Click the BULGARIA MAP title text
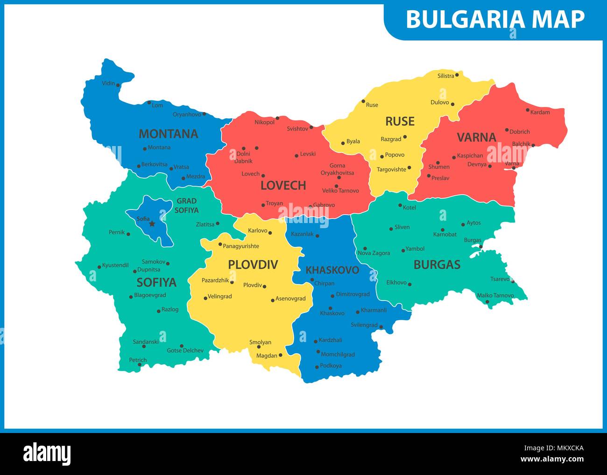[x=495, y=19]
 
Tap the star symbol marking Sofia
[x=152, y=224]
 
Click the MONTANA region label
[x=168, y=134]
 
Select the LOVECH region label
[x=283, y=185]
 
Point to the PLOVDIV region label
[x=253, y=265]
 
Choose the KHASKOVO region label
[x=332, y=270]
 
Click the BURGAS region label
[x=437, y=265]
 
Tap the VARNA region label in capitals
[x=476, y=137]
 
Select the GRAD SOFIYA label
[x=187, y=206]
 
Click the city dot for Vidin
[x=118, y=85]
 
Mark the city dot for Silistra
[x=457, y=75]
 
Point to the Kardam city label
[x=540, y=112]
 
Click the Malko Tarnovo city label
[x=495, y=295]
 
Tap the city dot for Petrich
[x=140, y=365]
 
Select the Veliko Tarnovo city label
[x=340, y=190]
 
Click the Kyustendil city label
[x=115, y=265]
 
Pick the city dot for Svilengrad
[x=381, y=327]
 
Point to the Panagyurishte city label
[x=240, y=246]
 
